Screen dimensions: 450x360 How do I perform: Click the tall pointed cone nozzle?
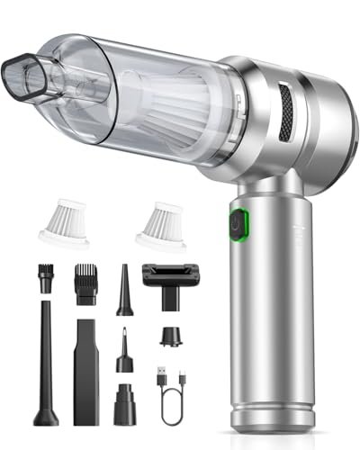[124, 287]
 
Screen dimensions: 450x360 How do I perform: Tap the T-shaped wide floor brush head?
[167, 278]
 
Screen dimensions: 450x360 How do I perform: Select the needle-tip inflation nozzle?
[122, 355]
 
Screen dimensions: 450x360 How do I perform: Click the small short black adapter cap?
[167, 341]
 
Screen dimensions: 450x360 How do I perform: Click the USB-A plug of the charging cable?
[159, 373]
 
